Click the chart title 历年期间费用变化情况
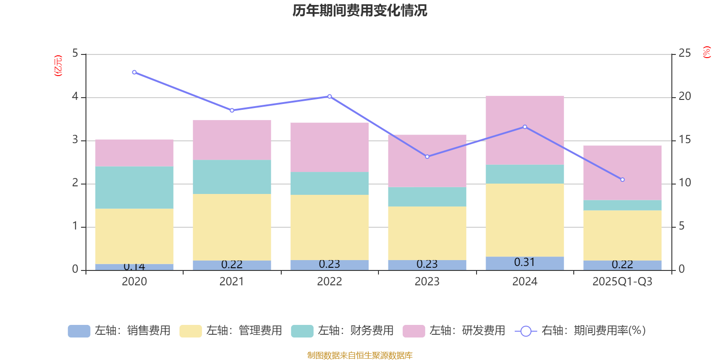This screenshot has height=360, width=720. point(360,10)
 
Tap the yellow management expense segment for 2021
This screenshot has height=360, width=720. point(232,227)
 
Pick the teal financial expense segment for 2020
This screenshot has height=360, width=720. point(134,188)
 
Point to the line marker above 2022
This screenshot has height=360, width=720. point(330,96)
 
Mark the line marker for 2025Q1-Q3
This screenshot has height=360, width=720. point(622,180)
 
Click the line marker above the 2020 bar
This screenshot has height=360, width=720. point(134,72)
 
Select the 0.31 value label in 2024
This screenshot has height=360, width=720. point(525,262)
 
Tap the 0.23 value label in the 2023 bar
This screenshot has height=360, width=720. point(427,264)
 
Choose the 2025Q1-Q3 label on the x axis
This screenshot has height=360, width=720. point(622,282)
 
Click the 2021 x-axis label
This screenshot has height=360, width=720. point(232,282)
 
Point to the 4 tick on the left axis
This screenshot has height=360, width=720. point(75,97)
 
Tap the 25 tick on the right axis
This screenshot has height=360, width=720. point(684,54)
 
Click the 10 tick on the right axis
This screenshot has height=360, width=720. point(684,183)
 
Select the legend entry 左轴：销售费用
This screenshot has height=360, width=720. point(120,331)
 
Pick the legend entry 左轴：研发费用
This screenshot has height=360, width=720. point(454,331)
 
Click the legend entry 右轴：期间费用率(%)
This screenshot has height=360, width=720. point(580,331)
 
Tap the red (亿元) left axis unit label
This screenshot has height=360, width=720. point(58,66)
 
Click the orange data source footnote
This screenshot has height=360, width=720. point(360,355)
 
